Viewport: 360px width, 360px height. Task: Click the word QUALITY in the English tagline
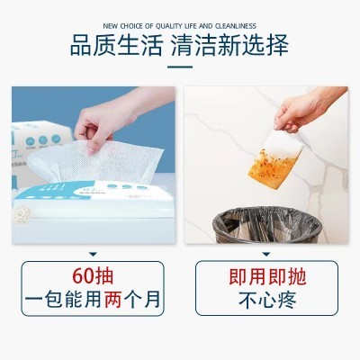(x=169, y=26)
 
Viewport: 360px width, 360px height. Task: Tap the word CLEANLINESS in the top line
(x=236, y=26)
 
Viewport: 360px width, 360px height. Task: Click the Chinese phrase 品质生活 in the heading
(x=117, y=46)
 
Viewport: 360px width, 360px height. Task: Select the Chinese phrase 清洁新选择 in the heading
(x=229, y=46)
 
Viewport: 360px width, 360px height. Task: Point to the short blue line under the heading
(x=180, y=67)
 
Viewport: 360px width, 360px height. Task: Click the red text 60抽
(x=93, y=276)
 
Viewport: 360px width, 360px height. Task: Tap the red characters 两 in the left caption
(x=112, y=299)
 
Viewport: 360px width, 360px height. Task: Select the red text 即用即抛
(x=267, y=276)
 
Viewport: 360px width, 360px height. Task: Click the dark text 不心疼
(x=267, y=300)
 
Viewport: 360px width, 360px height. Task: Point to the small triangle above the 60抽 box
(x=94, y=255)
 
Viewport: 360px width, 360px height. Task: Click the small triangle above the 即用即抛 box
(x=266, y=255)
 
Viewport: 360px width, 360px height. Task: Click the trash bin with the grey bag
(x=266, y=225)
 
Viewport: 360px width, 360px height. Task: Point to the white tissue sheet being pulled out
(x=96, y=162)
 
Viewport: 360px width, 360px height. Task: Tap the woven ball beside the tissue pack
(x=22, y=214)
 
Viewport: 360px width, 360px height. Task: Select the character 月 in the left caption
(x=152, y=300)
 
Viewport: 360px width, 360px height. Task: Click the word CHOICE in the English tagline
(x=131, y=26)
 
